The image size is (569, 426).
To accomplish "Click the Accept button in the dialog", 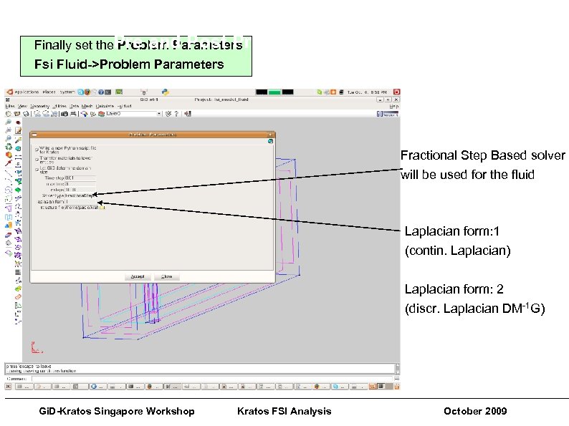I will click(x=135, y=276).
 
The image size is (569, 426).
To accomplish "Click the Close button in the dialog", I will click(x=166, y=276).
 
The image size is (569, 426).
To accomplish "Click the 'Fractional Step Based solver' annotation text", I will click(x=482, y=155).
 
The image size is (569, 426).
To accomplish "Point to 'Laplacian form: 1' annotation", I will click(x=454, y=232).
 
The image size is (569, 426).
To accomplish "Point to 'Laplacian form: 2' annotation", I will click(x=454, y=289).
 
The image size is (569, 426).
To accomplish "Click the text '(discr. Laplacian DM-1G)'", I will click(x=474, y=309).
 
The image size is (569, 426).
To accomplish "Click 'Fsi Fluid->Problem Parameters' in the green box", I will click(x=129, y=64).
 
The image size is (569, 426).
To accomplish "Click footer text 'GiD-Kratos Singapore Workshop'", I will click(x=116, y=411).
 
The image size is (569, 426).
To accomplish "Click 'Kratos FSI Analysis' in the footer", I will click(x=284, y=411).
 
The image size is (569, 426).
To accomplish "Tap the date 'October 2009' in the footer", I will click(x=474, y=411).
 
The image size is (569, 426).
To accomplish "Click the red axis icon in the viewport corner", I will click(x=37, y=349).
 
